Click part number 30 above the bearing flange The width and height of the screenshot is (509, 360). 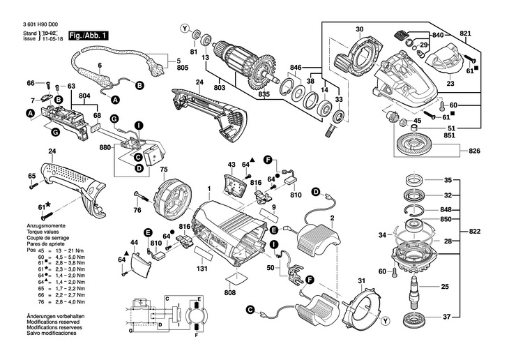359,29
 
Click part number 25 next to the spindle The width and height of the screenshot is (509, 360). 446,286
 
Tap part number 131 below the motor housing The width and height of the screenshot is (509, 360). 203,269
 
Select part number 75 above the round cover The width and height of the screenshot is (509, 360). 165,170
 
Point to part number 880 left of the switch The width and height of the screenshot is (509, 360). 105,147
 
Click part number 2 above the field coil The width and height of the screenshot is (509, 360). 332,220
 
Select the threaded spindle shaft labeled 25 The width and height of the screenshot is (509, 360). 416,287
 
